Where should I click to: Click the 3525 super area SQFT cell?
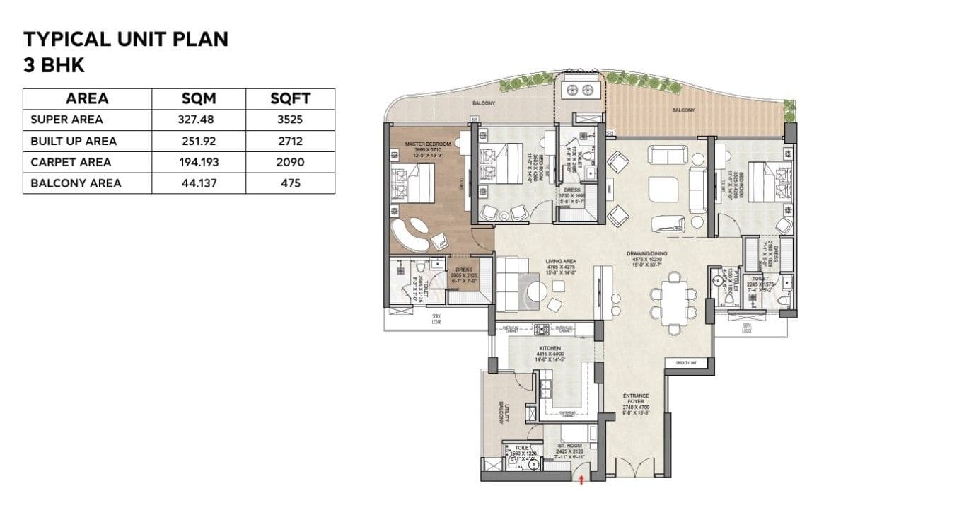[x=290, y=120]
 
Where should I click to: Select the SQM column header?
[x=199, y=99]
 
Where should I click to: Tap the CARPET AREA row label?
[x=71, y=162]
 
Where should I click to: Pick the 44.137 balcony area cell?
[x=199, y=183]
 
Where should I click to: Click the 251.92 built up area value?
[x=199, y=141]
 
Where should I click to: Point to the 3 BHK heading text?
[x=54, y=65]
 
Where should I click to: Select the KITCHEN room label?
[x=550, y=349]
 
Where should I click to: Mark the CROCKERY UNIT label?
[x=687, y=362]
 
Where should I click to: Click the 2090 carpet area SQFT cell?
[x=290, y=162]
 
